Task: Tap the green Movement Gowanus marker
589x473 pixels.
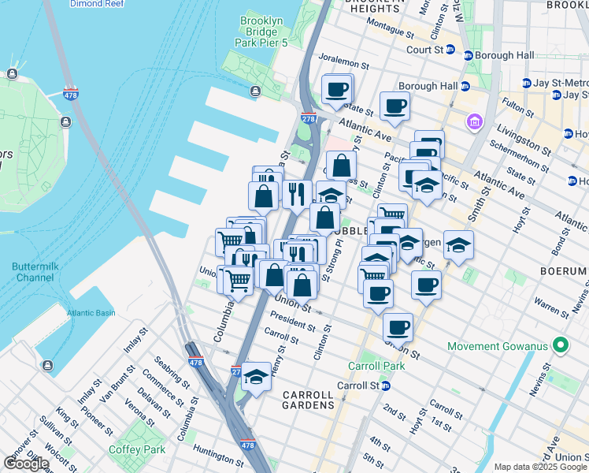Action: click(x=561, y=346)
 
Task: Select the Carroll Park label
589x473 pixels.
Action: click(x=376, y=366)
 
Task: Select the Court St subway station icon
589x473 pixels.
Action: click(x=450, y=49)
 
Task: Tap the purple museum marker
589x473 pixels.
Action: click(x=475, y=122)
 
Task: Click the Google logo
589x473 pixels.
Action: click(x=26, y=464)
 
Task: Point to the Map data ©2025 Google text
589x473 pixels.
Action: click(x=540, y=467)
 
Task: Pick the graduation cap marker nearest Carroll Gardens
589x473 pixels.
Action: click(x=256, y=378)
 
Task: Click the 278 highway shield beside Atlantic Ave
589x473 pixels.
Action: click(x=308, y=118)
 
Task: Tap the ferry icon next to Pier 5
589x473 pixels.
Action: click(x=255, y=91)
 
